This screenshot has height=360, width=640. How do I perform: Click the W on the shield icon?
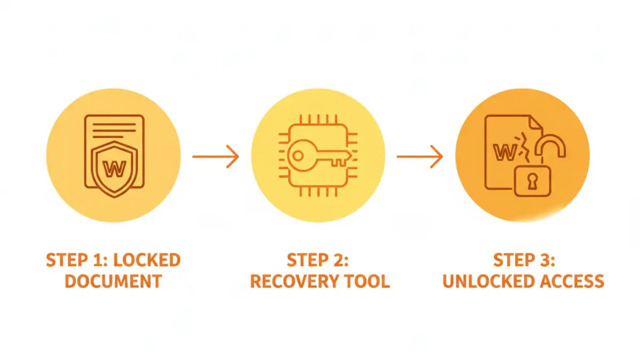point(113,169)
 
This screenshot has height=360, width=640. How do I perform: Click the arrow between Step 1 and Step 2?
point(215,156)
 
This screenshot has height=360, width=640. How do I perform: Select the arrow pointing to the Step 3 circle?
point(420,156)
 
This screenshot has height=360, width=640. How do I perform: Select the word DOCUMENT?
point(113,281)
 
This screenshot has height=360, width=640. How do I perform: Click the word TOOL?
point(370,281)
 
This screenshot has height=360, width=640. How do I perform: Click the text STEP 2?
point(318,260)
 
